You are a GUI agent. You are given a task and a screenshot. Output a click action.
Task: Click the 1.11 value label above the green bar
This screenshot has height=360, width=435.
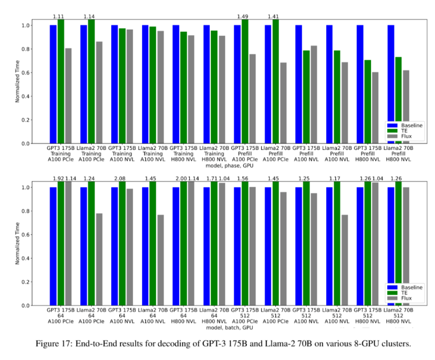60,18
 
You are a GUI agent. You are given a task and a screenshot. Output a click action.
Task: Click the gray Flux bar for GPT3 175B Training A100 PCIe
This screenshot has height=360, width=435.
68,96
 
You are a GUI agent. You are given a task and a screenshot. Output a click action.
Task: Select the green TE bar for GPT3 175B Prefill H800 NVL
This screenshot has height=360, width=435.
368,101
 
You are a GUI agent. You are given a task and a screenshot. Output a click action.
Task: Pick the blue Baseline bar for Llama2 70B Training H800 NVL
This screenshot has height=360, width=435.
206,84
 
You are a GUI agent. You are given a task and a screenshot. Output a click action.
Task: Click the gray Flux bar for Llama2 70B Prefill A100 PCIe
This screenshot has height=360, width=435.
283,103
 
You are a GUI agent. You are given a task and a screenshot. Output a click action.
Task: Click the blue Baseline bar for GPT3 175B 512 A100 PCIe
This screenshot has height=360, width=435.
237,246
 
